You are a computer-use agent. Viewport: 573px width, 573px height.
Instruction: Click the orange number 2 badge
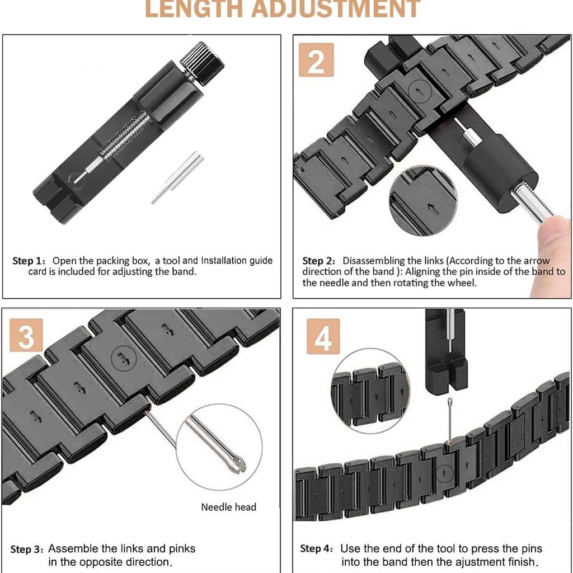[x=316, y=60]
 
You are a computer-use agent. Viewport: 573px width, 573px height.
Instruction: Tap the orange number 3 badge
[x=26, y=335]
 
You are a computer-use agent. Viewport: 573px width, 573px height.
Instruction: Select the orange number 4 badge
[x=323, y=336]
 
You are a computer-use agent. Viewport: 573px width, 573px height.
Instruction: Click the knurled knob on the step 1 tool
[x=202, y=63]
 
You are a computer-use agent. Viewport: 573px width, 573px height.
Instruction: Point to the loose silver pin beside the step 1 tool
[x=177, y=177]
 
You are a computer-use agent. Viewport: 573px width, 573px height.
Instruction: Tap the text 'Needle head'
[x=228, y=507]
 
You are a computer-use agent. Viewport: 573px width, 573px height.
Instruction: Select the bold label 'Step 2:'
[x=318, y=261]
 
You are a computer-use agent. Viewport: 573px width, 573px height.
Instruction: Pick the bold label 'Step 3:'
[x=27, y=549]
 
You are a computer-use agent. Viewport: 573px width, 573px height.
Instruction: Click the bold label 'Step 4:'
[x=317, y=549]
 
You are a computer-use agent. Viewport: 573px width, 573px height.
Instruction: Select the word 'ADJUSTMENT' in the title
[x=336, y=8]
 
